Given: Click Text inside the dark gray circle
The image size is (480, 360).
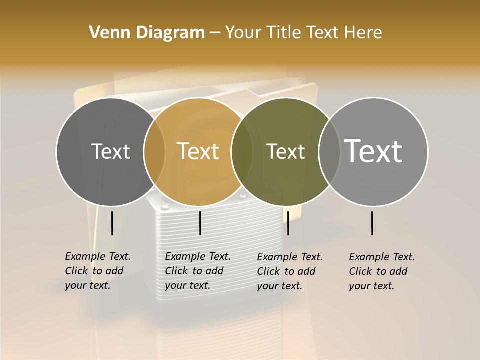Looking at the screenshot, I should pyautogui.click(x=110, y=151).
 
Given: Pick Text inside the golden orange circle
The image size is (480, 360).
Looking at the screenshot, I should pyautogui.click(x=198, y=151).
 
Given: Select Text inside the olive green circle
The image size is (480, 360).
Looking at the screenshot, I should pyautogui.click(x=285, y=151).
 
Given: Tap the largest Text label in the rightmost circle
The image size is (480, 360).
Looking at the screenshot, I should pyautogui.click(x=373, y=151).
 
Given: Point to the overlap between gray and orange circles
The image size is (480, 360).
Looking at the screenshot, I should pyautogui.click(x=154, y=151).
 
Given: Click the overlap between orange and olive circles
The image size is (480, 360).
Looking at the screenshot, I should pyautogui.click(x=242, y=151).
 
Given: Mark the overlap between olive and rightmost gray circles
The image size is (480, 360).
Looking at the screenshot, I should pyautogui.click(x=329, y=151).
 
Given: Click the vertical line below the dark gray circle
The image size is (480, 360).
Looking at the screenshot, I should pyautogui.click(x=112, y=223).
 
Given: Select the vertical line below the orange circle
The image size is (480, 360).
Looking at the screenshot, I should pyautogui.click(x=200, y=223).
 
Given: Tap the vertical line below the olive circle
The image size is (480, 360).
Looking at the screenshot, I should pyautogui.click(x=288, y=223).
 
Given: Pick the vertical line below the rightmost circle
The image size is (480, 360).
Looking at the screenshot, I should pyautogui.click(x=372, y=223).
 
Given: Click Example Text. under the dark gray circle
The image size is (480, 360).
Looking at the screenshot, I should pyautogui.click(x=98, y=256).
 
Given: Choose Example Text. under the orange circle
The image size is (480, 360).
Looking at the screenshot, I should pyautogui.click(x=198, y=256).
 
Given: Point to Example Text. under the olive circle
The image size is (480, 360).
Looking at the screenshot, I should pyautogui.click(x=290, y=257).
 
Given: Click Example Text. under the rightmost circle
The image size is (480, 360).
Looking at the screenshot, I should pyautogui.click(x=382, y=257).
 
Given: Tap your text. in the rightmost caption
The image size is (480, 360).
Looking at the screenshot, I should pyautogui.click(x=371, y=286).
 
